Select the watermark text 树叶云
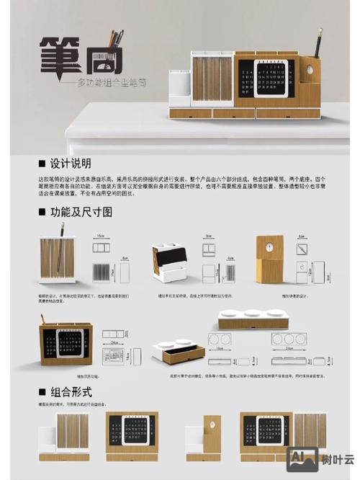(337, 460)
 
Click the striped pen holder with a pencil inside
(58, 261)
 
